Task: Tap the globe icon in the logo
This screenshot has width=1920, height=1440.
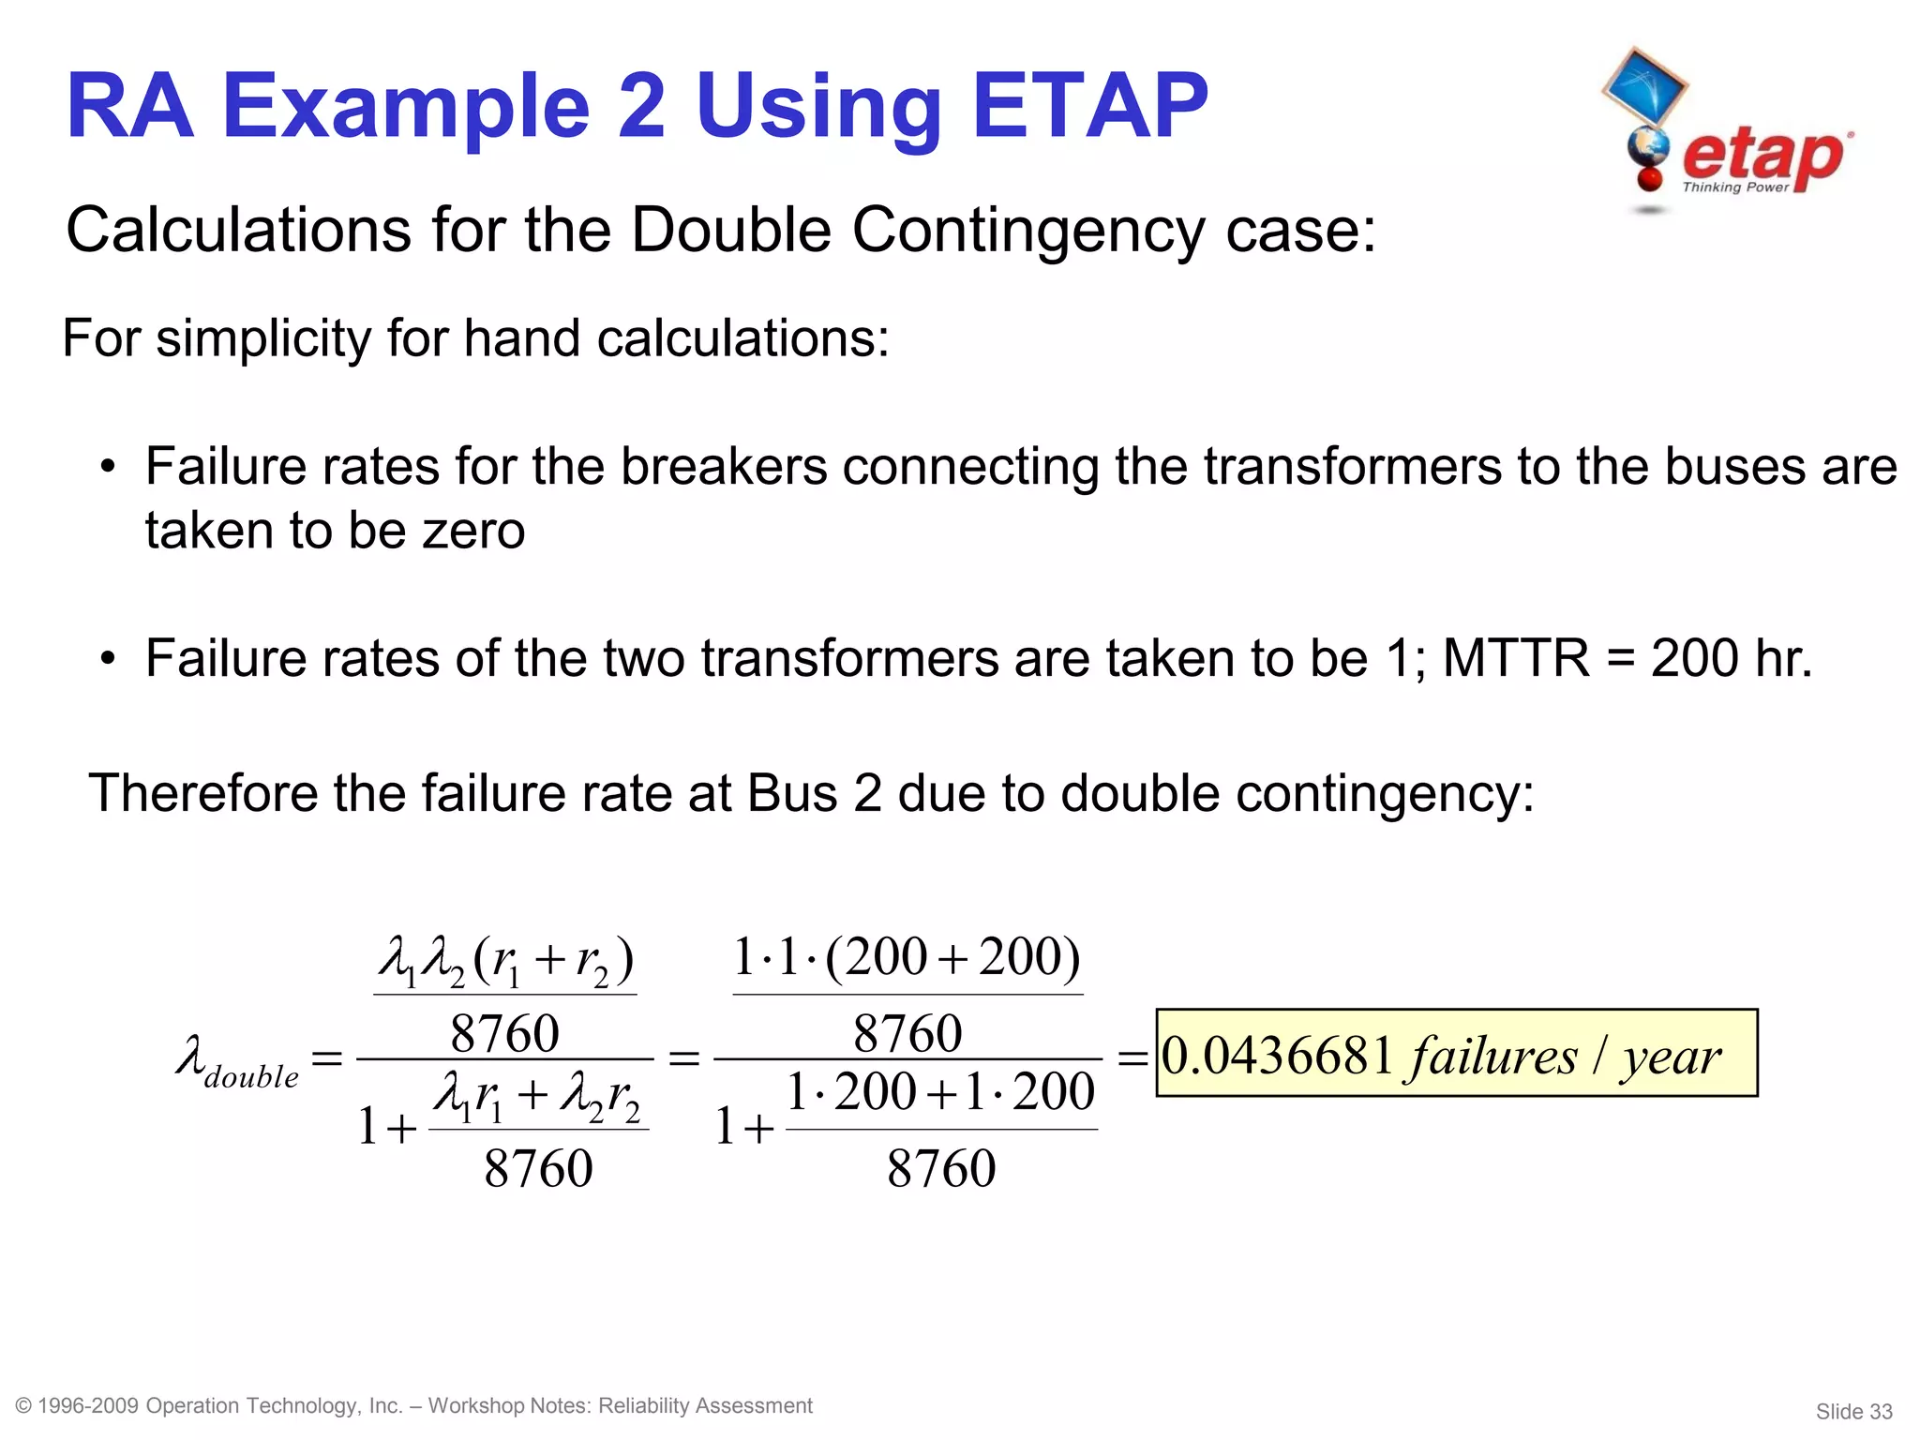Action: click(x=1647, y=148)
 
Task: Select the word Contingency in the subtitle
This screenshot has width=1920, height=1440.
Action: click(x=1027, y=230)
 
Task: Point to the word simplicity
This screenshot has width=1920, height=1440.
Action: click(x=264, y=338)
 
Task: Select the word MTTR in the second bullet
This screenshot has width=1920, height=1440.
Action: click(x=1516, y=658)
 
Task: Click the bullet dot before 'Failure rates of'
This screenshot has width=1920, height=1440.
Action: click(x=109, y=659)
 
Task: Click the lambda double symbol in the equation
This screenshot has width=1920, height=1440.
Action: click(x=237, y=1061)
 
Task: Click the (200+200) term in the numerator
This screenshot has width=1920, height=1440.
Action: click(x=952, y=958)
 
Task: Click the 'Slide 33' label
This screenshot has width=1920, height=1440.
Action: click(x=1853, y=1412)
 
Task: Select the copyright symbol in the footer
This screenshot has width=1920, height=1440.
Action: click(x=24, y=1406)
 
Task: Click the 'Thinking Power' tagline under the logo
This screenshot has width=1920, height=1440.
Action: click(x=1735, y=187)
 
